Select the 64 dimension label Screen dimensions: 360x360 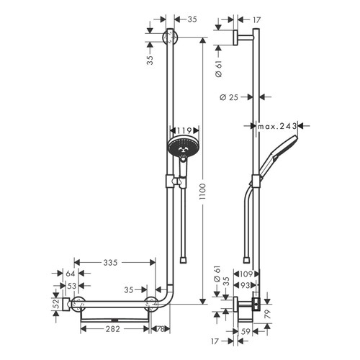point(70,274)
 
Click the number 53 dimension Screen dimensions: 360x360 point(70,286)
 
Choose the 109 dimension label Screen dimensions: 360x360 point(246,274)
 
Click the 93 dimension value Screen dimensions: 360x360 point(247,286)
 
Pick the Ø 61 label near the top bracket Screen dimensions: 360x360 point(218,68)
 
